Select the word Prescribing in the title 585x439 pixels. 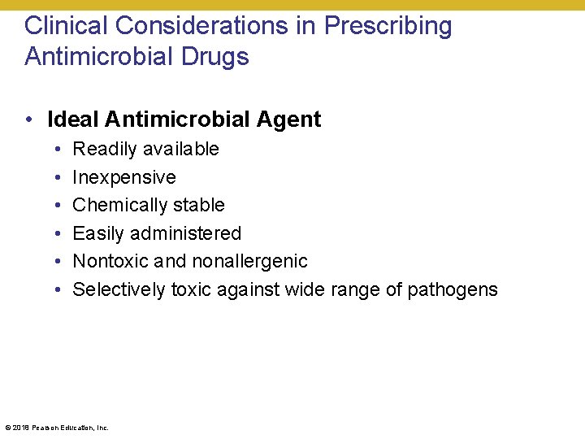coord(388,26)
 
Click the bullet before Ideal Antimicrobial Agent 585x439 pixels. coord(28,120)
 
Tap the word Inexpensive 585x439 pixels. coord(124,177)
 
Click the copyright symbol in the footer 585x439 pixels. coord(7,427)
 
